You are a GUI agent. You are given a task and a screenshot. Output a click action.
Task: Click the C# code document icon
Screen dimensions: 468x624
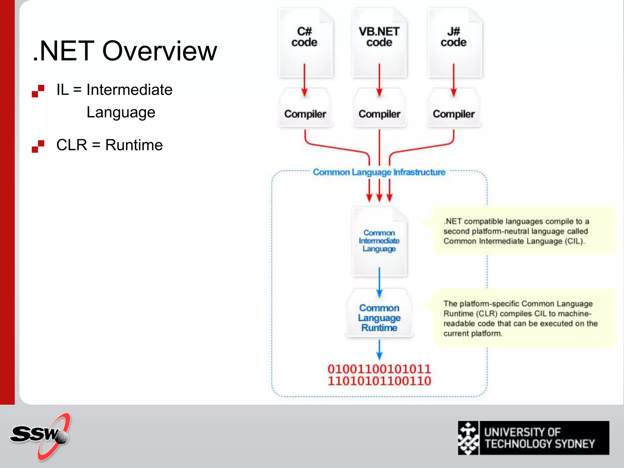click(305, 43)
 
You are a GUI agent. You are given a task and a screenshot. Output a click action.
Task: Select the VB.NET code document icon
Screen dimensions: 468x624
click(379, 43)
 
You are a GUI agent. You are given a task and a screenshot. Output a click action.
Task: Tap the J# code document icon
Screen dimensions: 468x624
click(454, 43)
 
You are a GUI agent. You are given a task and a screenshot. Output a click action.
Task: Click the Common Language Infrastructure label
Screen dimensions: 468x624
click(379, 172)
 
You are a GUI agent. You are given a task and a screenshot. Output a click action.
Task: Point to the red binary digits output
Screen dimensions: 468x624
click(379, 375)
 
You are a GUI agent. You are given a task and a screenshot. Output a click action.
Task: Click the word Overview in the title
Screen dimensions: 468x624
click(159, 51)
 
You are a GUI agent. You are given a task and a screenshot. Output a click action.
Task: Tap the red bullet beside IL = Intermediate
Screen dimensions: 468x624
click(38, 91)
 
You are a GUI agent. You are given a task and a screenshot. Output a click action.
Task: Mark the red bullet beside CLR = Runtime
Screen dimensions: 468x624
click(38, 146)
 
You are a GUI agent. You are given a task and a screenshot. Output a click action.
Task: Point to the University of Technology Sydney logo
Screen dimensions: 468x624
click(533, 438)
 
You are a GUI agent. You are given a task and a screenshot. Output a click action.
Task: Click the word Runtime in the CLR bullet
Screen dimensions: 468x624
click(134, 145)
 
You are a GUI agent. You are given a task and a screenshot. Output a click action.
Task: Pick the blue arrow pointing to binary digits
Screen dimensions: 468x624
click(379, 350)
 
